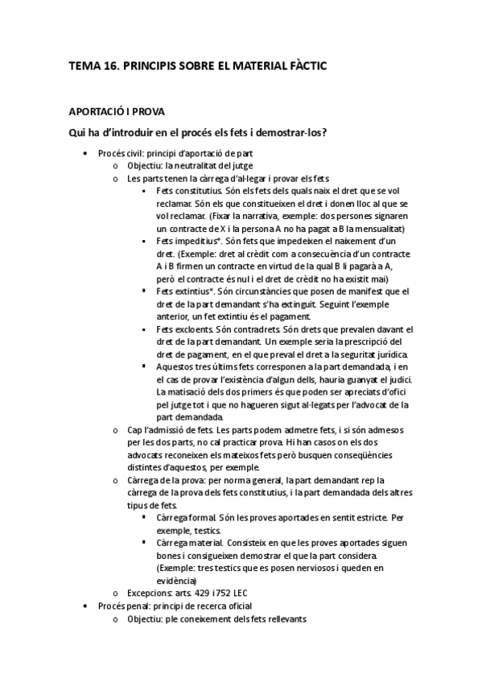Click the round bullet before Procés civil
(86, 152)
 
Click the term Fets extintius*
(187, 291)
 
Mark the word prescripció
(373, 341)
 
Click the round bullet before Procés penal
(86, 605)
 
